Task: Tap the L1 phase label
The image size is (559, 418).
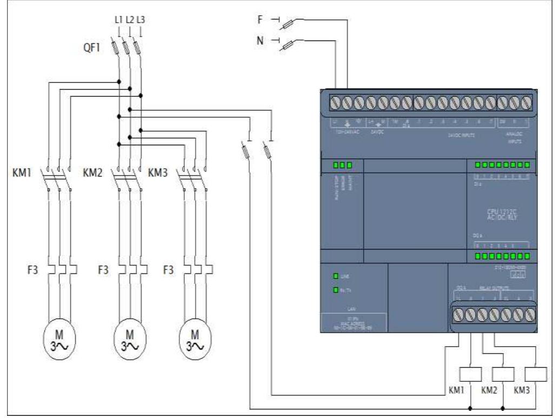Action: [118, 20]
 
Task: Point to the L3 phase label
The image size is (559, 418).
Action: [141, 20]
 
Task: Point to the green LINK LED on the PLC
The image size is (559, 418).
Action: [336, 277]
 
